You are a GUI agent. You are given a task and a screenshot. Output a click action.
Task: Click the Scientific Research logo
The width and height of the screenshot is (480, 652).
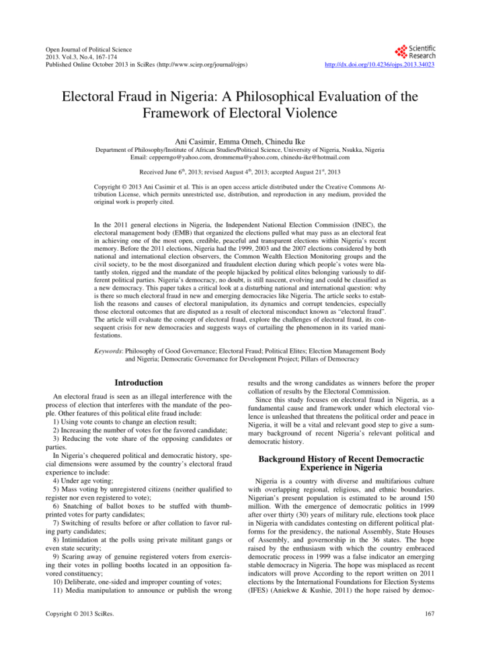(x=415, y=52)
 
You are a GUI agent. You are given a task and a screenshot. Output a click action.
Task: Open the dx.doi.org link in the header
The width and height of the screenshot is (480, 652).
(x=379, y=65)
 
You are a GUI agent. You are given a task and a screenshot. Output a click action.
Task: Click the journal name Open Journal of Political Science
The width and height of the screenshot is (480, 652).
(x=89, y=50)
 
